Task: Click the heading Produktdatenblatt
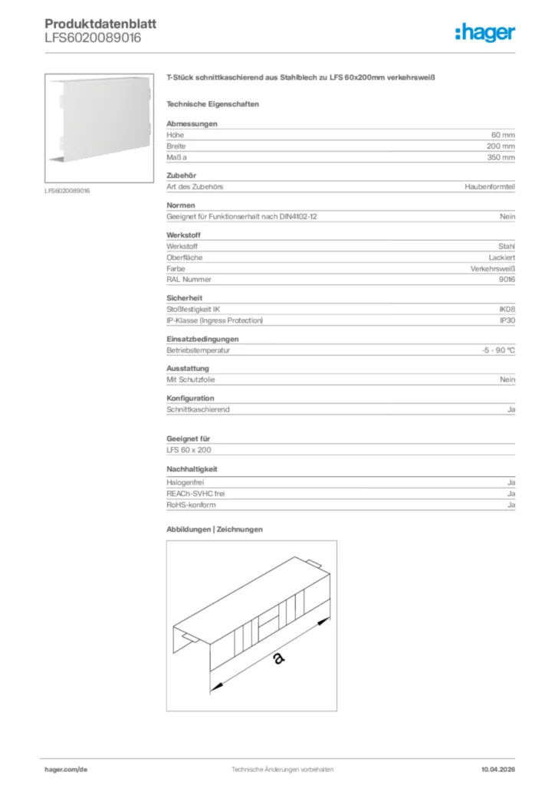pos(100,24)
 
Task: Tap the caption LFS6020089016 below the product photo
pos(67,191)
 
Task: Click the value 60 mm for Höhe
pos(503,135)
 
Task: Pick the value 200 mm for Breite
pos(501,146)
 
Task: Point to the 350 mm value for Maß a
pos(501,157)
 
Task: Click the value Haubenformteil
pos(490,187)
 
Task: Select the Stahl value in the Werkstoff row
pos(506,247)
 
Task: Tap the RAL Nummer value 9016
pos(506,280)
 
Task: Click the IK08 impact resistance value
pos(506,310)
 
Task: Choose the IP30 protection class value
pos(507,320)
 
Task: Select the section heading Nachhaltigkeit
pos(192,468)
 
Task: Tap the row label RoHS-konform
pos(191,505)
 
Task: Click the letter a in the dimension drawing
pos(277,659)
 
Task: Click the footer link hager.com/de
pos(67,769)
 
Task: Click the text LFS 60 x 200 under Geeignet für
pos(189,450)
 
